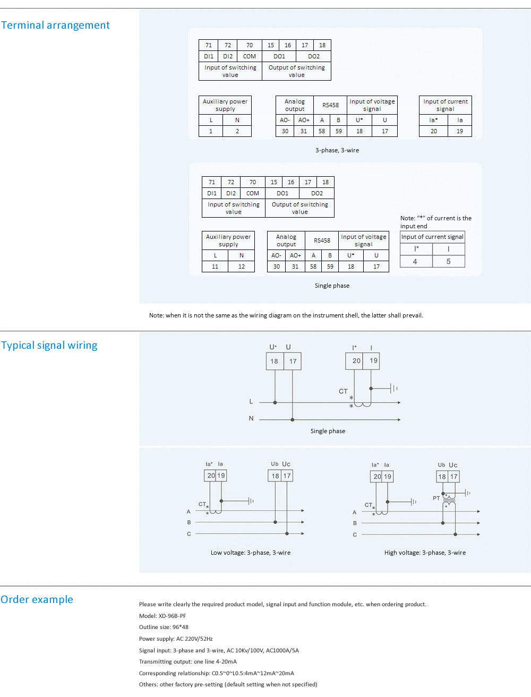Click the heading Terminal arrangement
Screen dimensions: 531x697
[x=55, y=25]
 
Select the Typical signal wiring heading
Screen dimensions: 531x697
[x=49, y=345]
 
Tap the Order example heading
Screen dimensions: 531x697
[x=37, y=599]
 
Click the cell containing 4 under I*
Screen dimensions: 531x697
[x=416, y=261]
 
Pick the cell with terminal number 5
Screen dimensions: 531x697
[x=448, y=261]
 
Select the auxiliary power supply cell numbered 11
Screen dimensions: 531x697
[x=215, y=266]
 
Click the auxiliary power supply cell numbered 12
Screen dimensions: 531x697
[x=242, y=266]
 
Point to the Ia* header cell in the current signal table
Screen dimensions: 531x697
[x=433, y=120]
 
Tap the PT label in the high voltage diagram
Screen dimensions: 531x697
[x=436, y=498]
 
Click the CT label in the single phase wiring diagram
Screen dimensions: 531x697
[x=343, y=391]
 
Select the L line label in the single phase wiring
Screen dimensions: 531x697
[x=251, y=402]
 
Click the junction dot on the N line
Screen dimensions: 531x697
[x=293, y=420]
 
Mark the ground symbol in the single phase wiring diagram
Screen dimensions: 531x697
[x=394, y=389]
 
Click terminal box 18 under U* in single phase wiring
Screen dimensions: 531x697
[x=275, y=361]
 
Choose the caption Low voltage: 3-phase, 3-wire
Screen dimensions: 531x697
[x=251, y=553]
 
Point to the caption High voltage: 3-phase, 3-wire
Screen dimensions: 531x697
[x=425, y=553]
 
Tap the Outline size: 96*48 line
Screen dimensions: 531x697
[x=164, y=627]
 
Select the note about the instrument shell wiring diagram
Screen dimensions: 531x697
[x=286, y=315]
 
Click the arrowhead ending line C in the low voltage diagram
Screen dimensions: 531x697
[x=303, y=533]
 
